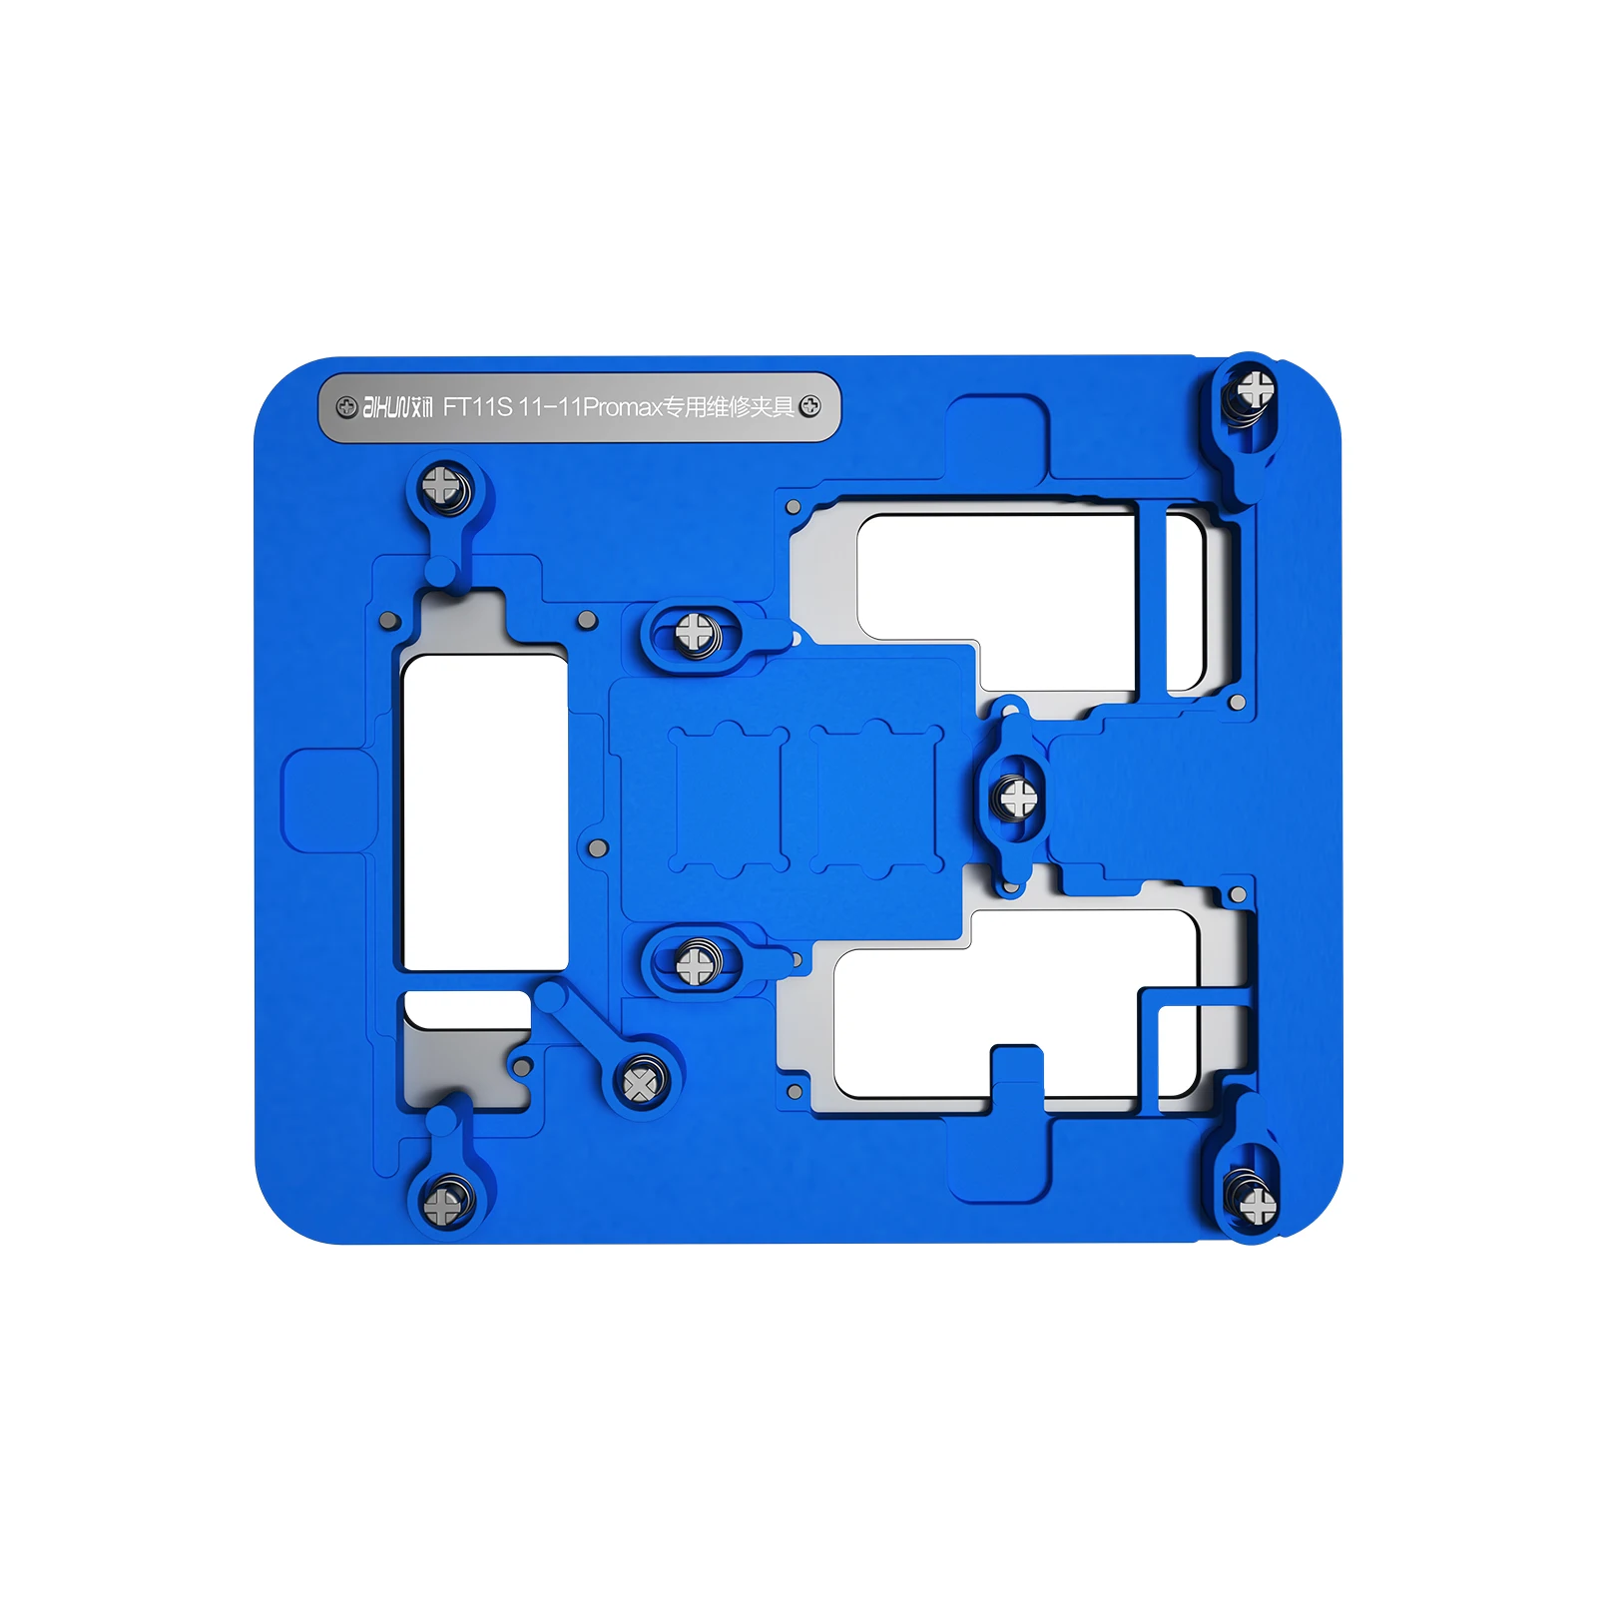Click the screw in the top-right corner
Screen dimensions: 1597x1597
point(1255,388)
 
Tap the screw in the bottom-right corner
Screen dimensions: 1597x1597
point(1257,1205)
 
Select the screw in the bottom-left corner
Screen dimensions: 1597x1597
point(443,1205)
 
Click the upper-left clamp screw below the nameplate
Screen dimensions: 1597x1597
point(441,486)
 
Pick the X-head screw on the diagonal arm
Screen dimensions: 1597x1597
point(640,1083)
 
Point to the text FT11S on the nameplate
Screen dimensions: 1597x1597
point(477,407)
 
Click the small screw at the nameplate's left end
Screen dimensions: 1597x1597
point(346,407)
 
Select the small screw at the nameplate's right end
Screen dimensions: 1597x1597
point(810,407)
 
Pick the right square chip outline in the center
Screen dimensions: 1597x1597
point(876,798)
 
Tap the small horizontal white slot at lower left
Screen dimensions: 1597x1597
point(466,1008)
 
